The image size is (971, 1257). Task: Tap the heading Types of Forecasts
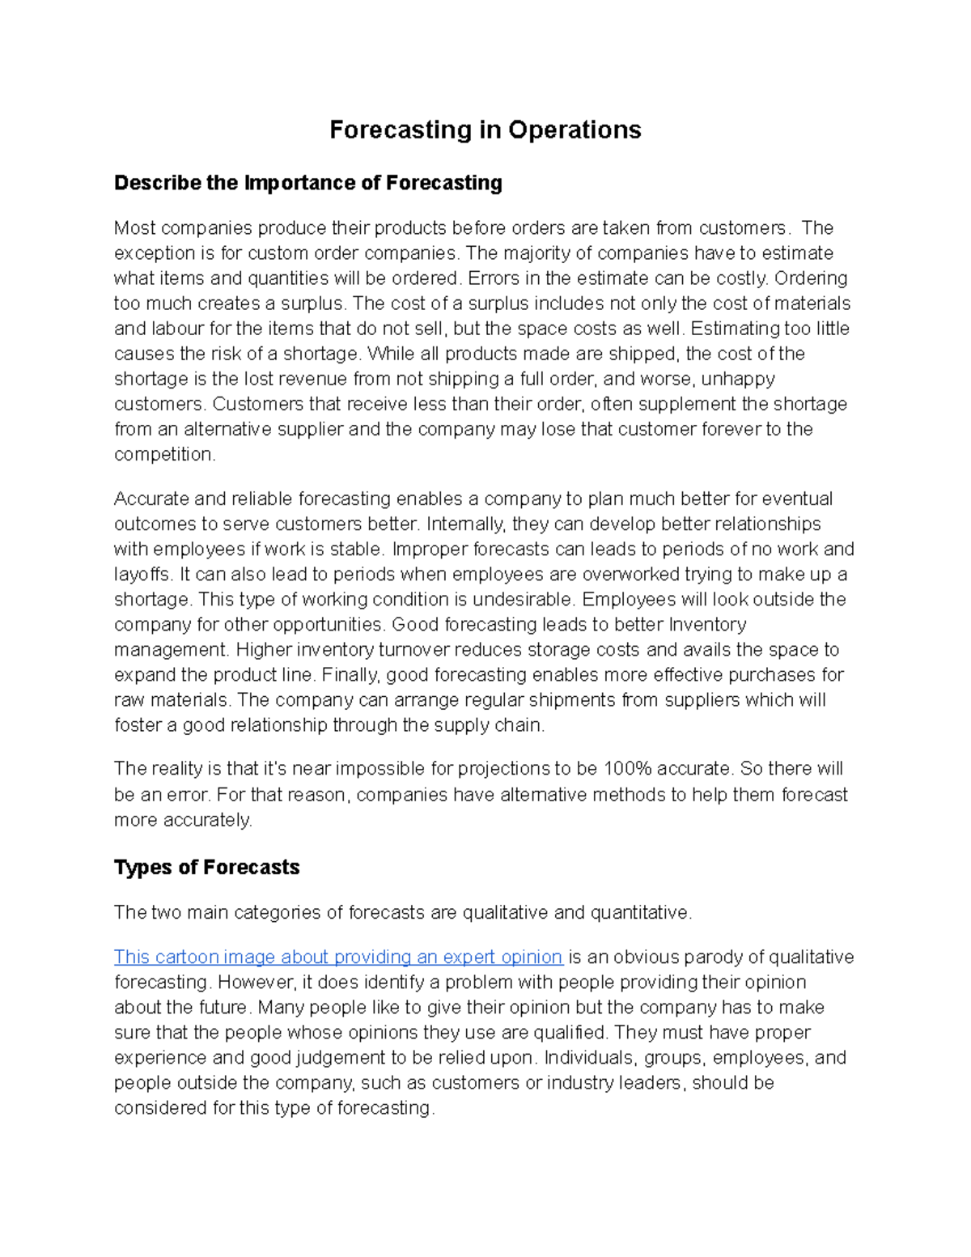click(x=206, y=868)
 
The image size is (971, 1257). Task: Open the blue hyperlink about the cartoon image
click(x=337, y=958)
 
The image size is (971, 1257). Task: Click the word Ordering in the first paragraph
click(x=811, y=278)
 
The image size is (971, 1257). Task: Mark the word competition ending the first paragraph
click(x=164, y=454)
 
